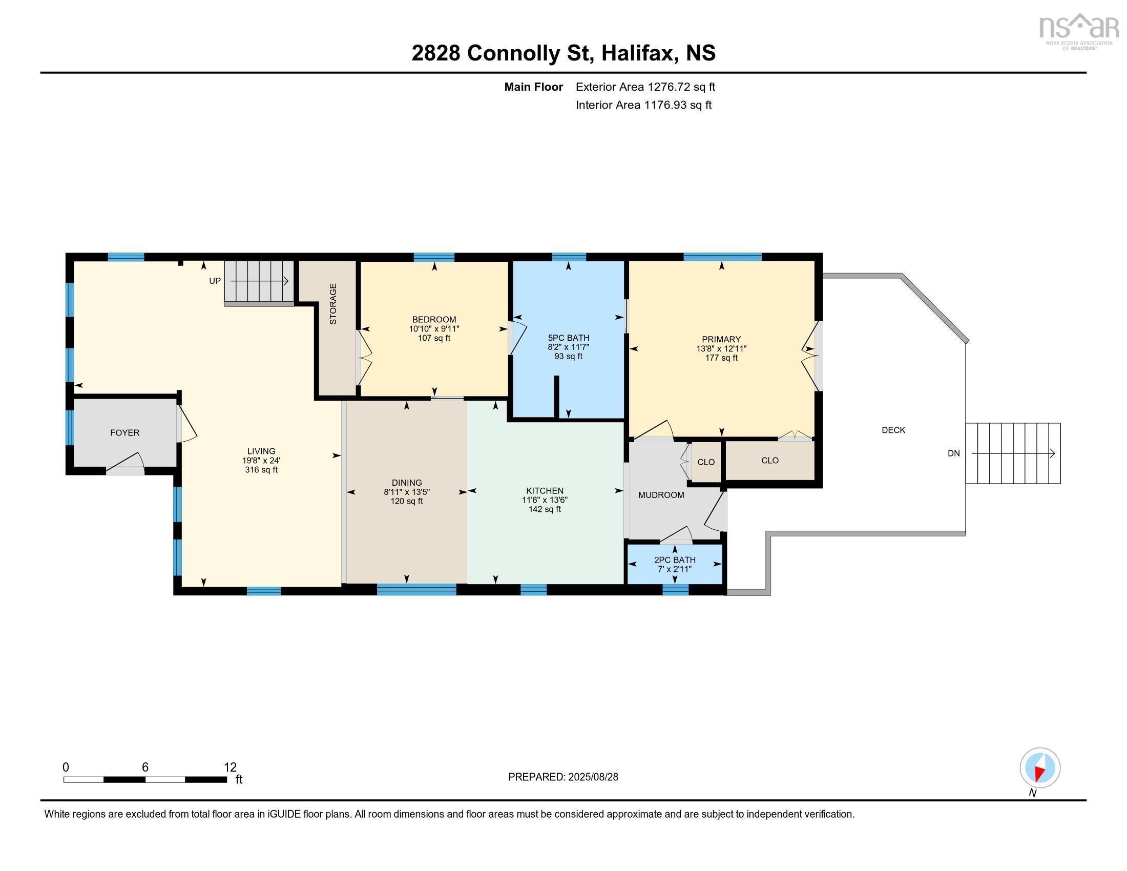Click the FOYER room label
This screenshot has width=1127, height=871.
pos(125,433)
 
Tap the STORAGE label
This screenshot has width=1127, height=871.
pos(333,304)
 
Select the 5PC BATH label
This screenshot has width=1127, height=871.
pos(569,338)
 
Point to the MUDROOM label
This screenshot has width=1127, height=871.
pos(661,495)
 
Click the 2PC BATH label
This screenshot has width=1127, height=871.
pos(675,560)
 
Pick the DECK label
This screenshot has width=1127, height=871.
pos(893,430)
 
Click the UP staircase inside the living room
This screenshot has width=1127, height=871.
pos(259,281)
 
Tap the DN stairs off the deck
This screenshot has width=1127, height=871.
pos(1013,453)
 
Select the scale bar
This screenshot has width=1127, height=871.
pos(145,780)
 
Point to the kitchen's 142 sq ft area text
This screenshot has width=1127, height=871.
pos(545,509)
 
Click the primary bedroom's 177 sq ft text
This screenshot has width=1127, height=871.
pos(721,358)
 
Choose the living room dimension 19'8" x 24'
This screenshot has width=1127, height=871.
pos(262,461)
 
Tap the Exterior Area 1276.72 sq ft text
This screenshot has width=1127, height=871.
pos(645,87)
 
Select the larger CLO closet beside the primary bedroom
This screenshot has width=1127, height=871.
pos(770,460)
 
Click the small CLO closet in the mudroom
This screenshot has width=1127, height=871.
pos(706,462)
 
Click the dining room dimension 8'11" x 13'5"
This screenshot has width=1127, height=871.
pos(407,492)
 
